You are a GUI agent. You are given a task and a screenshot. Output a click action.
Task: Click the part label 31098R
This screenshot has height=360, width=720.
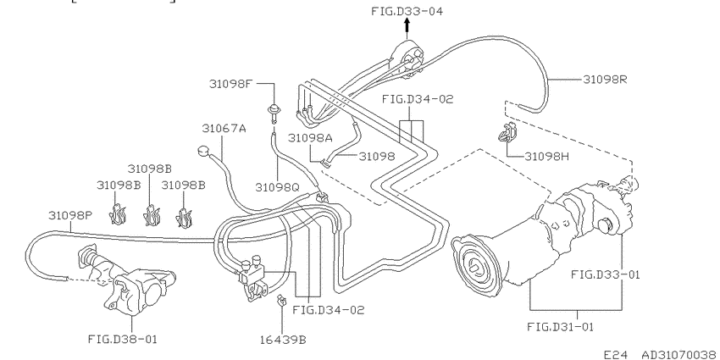(x=605, y=80)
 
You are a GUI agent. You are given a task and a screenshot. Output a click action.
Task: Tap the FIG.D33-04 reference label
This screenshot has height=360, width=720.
(x=407, y=11)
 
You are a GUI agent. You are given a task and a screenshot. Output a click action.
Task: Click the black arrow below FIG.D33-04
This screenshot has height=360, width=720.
(x=407, y=30)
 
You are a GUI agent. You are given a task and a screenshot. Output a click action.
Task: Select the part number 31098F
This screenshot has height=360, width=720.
(x=231, y=84)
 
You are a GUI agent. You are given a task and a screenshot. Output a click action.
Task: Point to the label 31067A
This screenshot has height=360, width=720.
(x=224, y=128)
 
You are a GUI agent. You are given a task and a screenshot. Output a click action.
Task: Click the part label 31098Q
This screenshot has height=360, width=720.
(x=277, y=187)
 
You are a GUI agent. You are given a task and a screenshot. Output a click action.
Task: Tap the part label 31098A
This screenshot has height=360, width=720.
(x=310, y=137)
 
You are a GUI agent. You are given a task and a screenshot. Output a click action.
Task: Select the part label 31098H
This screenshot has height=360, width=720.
(x=547, y=157)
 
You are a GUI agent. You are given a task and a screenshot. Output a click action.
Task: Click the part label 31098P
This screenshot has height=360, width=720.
(x=70, y=215)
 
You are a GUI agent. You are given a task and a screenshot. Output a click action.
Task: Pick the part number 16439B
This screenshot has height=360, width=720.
(x=283, y=340)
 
